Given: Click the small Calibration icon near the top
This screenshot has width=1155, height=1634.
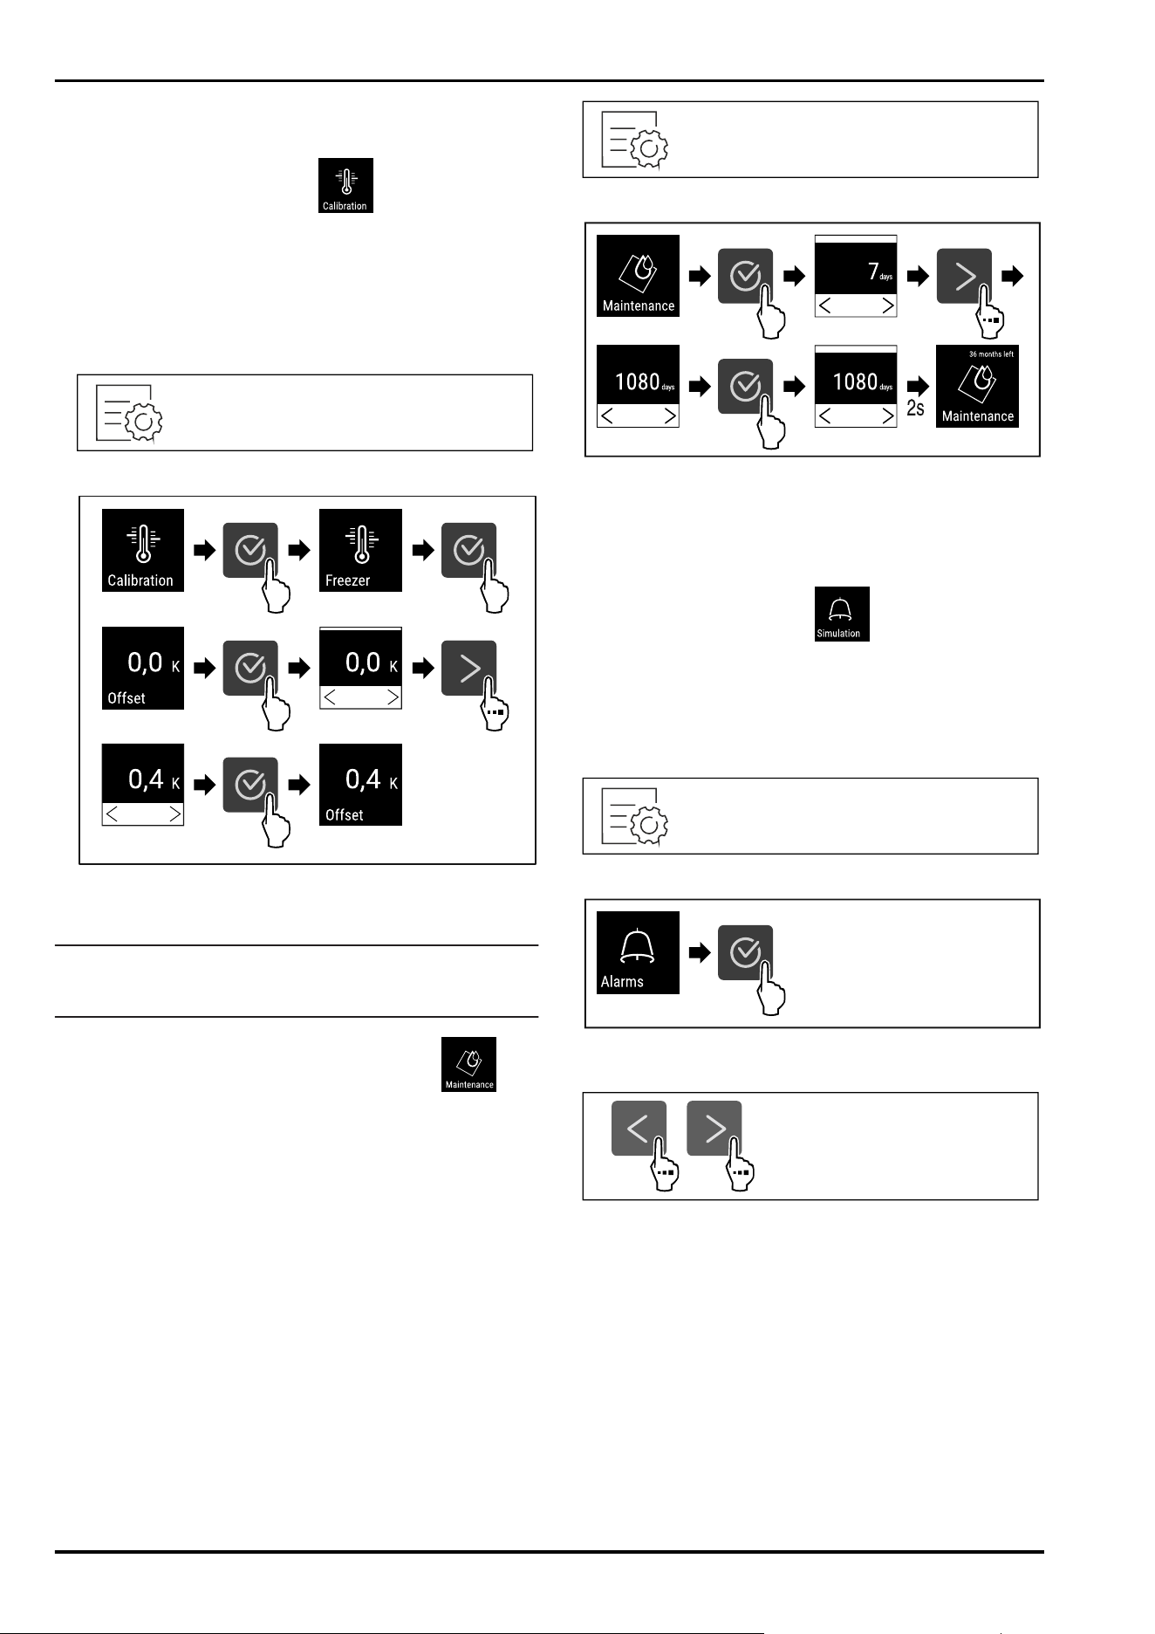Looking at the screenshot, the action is pos(345,185).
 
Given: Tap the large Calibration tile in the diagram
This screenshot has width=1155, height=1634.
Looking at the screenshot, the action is pos(143,550).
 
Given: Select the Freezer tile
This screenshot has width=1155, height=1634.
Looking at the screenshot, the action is pos(360,550).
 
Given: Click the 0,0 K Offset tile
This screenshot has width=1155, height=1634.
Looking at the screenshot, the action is pos(143,668).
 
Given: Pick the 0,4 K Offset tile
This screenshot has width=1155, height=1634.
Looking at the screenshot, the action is pos(360,785).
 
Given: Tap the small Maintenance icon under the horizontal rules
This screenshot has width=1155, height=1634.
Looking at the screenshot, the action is pos(468,1064).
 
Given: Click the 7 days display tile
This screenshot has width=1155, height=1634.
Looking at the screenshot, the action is pos(856,276).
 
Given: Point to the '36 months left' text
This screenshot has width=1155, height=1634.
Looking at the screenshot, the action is pos(991,354).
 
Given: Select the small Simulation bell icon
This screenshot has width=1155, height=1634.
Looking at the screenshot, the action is pos(842,614).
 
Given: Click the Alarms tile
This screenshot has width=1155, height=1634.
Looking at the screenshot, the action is pos(638,952).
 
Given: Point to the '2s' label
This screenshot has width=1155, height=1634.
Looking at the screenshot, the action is pos(915,408).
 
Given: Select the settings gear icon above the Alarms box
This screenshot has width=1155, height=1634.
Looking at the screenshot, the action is pos(635,816).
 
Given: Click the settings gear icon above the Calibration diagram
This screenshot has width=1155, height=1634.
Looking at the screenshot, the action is pos(129,413).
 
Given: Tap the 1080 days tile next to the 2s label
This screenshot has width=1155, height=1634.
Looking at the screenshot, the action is pos(856,386).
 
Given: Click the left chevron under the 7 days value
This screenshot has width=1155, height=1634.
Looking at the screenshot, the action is pos(824,306).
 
